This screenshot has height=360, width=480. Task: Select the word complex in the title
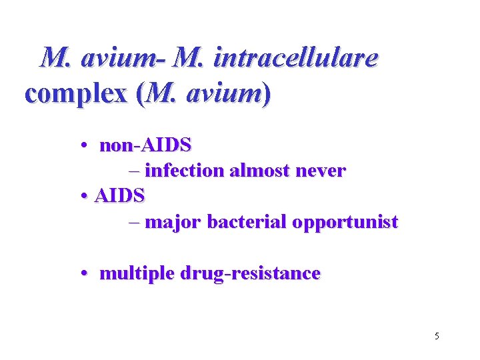(75, 95)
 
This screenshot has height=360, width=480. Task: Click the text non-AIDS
(145, 144)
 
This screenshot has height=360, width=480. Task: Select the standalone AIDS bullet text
(119, 196)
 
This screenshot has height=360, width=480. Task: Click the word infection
(184, 171)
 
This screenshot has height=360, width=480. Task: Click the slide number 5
(436, 336)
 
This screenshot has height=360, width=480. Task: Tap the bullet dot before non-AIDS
(87, 145)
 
